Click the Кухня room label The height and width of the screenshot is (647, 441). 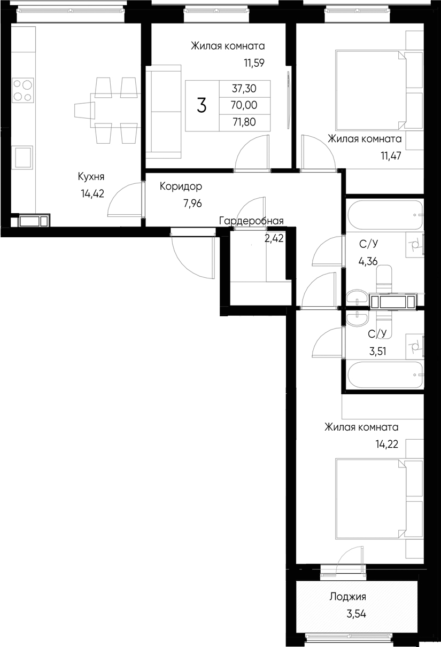(x=91, y=177)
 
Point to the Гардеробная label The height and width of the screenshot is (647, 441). (x=251, y=221)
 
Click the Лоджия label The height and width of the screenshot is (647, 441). (x=348, y=597)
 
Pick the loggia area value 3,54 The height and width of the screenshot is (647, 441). (x=357, y=613)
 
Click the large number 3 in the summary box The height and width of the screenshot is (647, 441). (x=202, y=106)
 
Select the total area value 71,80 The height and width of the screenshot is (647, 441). (x=244, y=122)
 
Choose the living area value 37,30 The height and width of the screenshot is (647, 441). (x=244, y=89)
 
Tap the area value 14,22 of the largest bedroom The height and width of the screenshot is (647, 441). (x=386, y=443)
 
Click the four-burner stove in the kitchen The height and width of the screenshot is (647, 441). (x=22, y=90)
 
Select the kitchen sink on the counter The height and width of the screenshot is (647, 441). (x=24, y=157)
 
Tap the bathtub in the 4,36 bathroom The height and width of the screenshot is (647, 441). (x=385, y=214)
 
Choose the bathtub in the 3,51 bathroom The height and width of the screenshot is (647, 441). (x=385, y=377)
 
